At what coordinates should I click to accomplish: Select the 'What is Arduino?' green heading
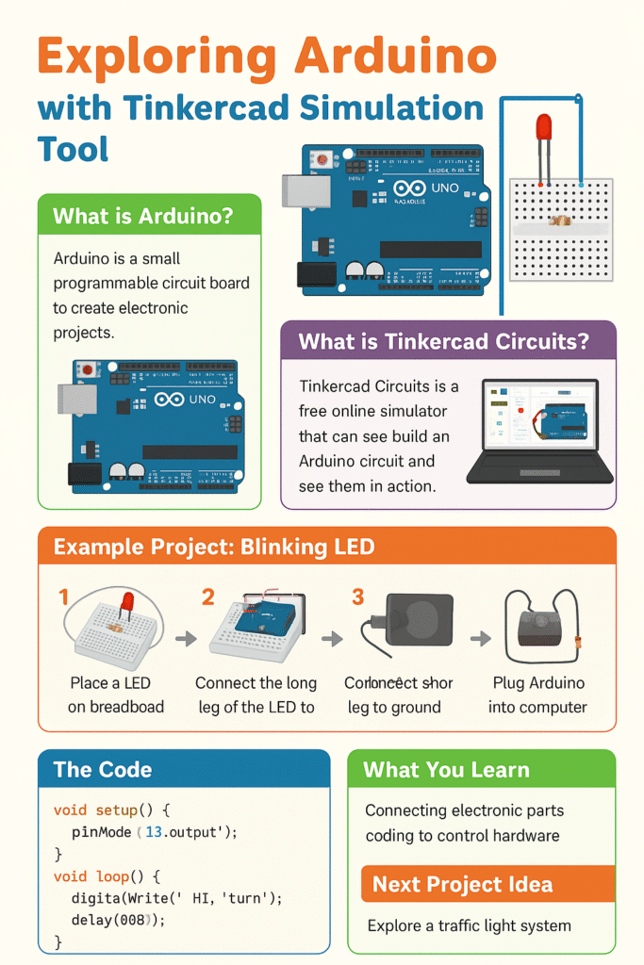click(142, 217)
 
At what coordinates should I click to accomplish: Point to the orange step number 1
click(64, 597)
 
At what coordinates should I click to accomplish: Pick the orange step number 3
click(357, 597)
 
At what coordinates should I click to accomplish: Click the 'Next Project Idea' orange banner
click(462, 884)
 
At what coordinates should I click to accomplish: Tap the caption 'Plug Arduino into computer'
click(537, 695)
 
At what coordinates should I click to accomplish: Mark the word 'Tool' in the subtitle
click(74, 149)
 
